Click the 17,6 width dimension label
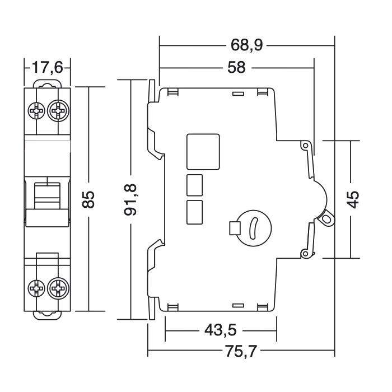(x=47, y=68)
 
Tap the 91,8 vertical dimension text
(x=130, y=199)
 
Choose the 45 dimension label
(x=352, y=199)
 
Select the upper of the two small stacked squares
(x=193, y=184)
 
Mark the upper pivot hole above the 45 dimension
(x=305, y=146)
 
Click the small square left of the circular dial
(x=235, y=228)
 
